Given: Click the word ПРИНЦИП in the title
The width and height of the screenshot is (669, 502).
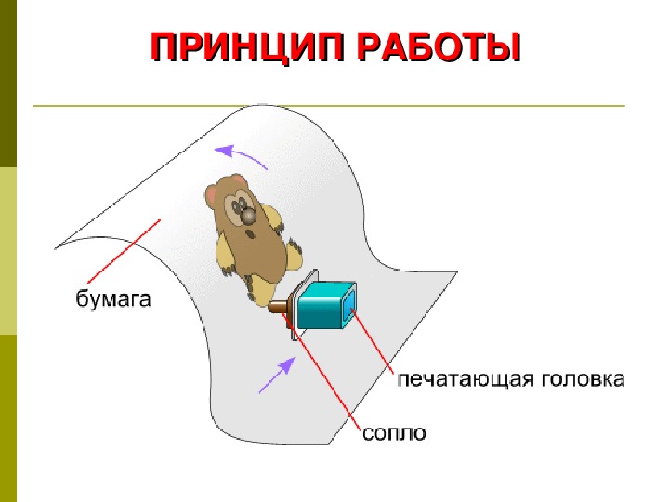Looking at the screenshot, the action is pyautogui.click(x=247, y=47).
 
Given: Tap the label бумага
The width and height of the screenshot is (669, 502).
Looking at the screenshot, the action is pyautogui.click(x=113, y=299).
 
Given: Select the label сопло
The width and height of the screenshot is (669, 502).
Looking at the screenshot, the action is pyautogui.click(x=394, y=433).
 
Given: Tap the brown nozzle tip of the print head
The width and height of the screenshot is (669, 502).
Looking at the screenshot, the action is pyautogui.click(x=278, y=307).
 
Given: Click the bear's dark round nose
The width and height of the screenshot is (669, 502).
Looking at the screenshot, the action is pyautogui.click(x=247, y=217).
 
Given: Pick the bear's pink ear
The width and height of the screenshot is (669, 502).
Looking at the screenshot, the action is pyautogui.click(x=212, y=194).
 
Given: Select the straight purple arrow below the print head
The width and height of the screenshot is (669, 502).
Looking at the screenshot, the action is pyautogui.click(x=277, y=376).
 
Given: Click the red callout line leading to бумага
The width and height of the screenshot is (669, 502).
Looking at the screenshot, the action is pyautogui.click(x=124, y=251).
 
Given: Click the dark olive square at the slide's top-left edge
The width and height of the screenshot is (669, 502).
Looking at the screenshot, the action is pyautogui.click(x=8, y=84).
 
